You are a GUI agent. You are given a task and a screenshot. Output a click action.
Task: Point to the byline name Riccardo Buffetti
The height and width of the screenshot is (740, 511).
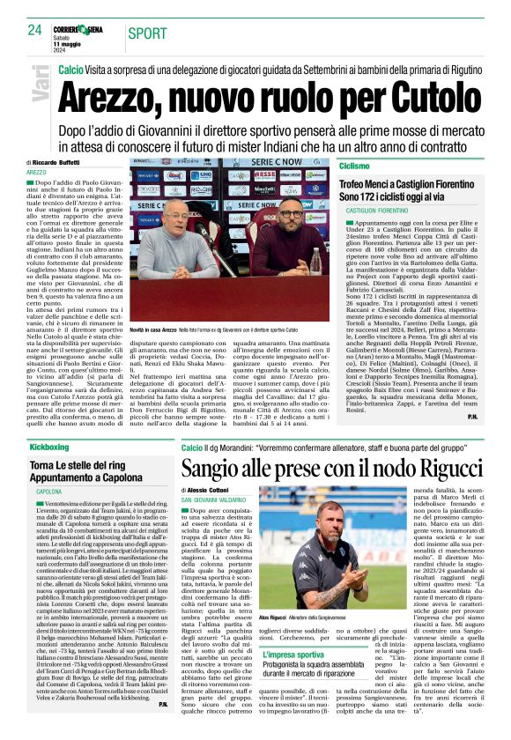57,164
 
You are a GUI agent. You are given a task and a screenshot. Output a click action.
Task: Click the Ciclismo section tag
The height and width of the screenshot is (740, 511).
353,166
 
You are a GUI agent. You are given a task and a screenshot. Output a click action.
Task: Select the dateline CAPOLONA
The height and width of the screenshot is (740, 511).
49,491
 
